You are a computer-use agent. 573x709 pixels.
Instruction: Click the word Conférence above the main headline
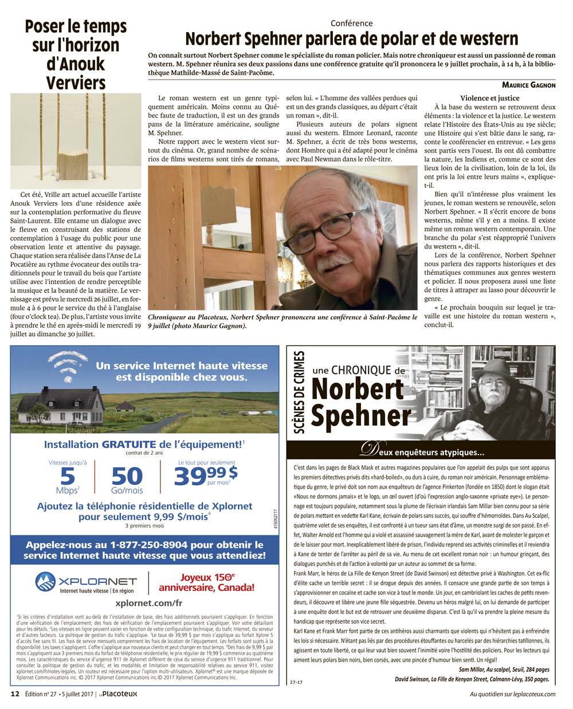tap(351, 23)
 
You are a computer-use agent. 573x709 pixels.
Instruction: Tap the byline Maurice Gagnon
tap(528, 85)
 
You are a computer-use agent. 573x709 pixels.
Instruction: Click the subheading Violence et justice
tap(490, 99)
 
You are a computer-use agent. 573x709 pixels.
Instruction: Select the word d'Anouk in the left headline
tap(76, 64)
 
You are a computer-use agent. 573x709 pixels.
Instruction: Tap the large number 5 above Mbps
tap(68, 476)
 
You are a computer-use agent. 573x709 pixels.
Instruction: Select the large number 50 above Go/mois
tap(127, 476)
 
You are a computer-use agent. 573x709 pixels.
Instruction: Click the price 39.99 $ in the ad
tap(205, 475)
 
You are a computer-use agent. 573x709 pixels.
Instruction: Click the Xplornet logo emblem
tap(46, 582)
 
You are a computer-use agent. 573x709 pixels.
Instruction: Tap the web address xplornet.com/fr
tap(148, 603)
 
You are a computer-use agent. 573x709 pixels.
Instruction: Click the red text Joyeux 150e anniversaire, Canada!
tap(206, 583)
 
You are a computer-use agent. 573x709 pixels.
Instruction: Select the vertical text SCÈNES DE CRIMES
tap(299, 392)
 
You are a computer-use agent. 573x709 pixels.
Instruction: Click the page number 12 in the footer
tap(15, 694)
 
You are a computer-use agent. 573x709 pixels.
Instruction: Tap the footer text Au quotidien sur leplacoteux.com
tap(512, 694)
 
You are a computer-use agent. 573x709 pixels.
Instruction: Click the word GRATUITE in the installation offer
tap(129, 444)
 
